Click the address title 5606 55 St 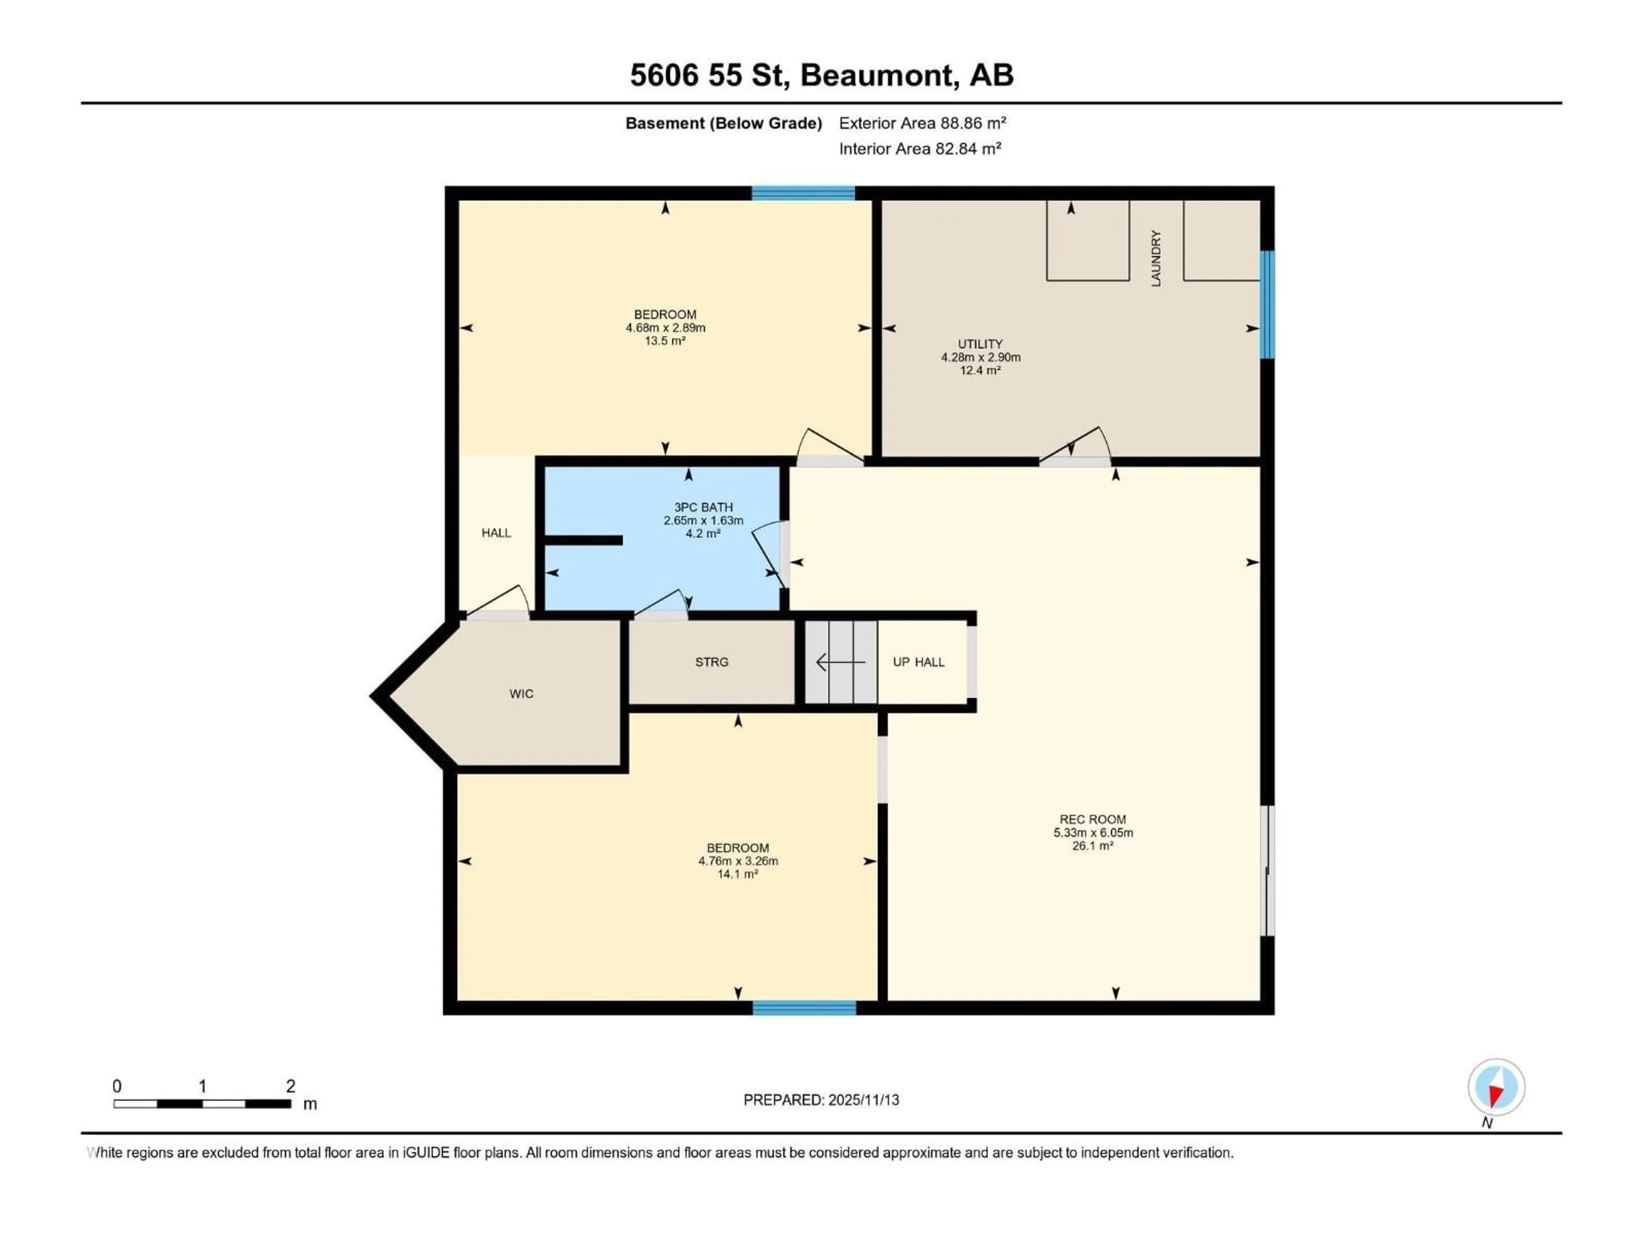click(821, 75)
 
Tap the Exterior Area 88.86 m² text click(922, 123)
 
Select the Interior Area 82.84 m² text click(919, 149)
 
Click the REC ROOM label click(1093, 819)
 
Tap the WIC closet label click(521, 694)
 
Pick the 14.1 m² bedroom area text click(737, 874)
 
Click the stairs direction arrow click(840, 661)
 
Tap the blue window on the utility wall click(1267, 305)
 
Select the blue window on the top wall click(803, 193)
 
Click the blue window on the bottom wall click(804, 1008)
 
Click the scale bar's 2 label click(291, 1086)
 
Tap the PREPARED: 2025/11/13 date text click(821, 1100)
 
